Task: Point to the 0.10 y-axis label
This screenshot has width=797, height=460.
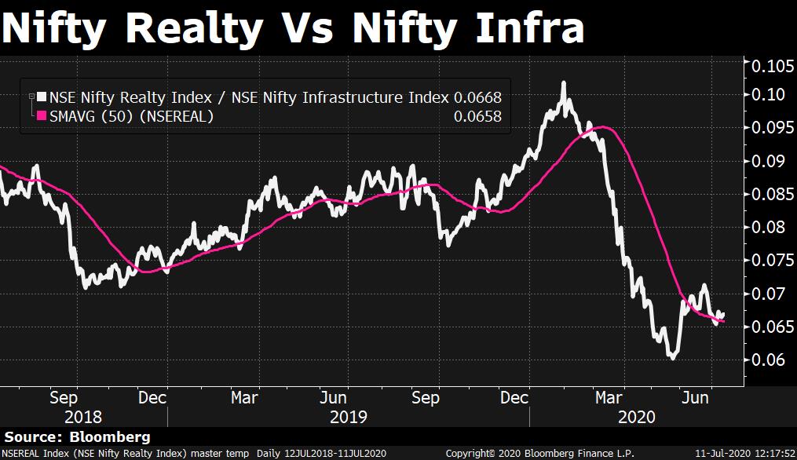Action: point(769,95)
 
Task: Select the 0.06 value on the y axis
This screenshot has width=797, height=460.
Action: point(769,360)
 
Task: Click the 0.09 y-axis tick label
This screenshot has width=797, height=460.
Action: point(769,162)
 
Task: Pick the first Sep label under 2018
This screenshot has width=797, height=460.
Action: point(64,398)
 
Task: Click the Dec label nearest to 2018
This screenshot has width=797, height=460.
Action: point(152,398)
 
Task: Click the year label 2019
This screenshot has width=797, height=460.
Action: point(347,416)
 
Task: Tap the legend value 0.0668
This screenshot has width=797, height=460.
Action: point(477,98)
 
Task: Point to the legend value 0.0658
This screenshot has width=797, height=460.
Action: point(477,117)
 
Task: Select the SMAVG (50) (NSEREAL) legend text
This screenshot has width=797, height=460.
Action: point(131,117)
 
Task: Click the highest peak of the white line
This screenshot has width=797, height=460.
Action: point(563,82)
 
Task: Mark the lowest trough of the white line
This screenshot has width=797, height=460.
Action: point(672,357)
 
